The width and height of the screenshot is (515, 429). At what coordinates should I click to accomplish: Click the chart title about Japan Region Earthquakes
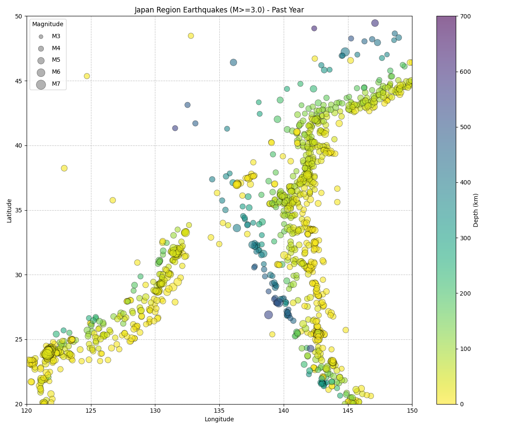219,10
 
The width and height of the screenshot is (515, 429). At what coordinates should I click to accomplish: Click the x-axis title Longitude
219,419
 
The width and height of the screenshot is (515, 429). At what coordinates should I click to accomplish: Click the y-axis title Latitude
9,210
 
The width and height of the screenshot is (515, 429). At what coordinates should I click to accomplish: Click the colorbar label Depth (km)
476,210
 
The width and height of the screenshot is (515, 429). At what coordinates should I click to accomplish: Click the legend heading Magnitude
48,24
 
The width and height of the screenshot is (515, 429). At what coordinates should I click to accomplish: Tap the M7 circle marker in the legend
41,85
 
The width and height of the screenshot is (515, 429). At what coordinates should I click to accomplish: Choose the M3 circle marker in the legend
41,36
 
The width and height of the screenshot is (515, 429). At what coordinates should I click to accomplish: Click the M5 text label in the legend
56,60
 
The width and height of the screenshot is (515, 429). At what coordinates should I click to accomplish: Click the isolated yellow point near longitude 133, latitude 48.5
191,36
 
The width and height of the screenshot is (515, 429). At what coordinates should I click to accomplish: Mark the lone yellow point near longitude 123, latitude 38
64,168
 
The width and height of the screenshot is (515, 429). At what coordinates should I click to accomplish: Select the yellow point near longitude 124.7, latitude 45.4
87,76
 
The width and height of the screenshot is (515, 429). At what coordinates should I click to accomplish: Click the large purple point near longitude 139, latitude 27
269,315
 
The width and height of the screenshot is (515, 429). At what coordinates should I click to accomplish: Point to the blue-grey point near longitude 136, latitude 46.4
233,62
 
